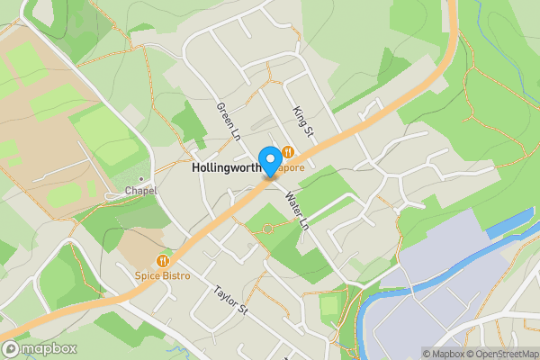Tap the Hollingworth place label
[225, 167]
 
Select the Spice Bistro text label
[163, 275]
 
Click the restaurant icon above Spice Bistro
[163, 260]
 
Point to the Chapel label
[141, 191]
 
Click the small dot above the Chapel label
[139, 178]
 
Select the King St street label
[301, 121]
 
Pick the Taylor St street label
[229, 300]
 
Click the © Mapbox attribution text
[441, 354]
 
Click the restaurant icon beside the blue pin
[288, 152]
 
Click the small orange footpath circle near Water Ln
[265, 229]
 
